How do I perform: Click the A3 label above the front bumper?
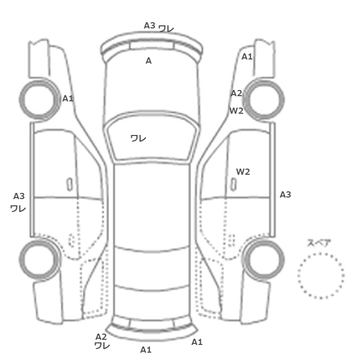coord(149,25)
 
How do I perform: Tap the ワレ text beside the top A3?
coord(166,28)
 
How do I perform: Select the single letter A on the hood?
coord(149,61)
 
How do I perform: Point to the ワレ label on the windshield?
coord(138,138)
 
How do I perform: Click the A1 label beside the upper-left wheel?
coord(68,99)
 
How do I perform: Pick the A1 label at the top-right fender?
coord(247,56)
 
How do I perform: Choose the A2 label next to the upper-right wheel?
coord(236,93)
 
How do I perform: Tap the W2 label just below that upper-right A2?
coord(236,111)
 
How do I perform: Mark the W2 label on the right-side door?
coord(243,172)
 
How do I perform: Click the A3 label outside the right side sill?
coord(285,194)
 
